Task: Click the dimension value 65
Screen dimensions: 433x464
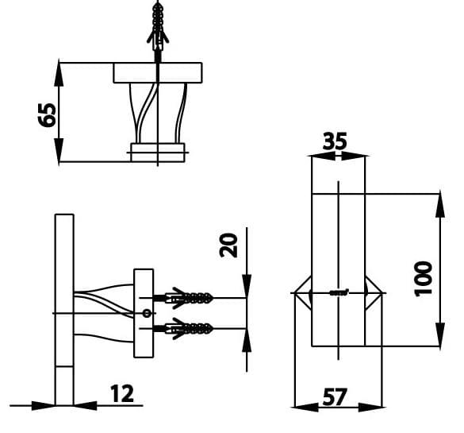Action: click(48, 114)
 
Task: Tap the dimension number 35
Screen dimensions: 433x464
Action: click(336, 141)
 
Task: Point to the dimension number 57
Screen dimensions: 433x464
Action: click(336, 396)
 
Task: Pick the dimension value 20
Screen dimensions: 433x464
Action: click(230, 245)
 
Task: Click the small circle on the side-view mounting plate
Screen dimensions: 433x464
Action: click(145, 313)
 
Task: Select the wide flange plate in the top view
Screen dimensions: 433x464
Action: click(159, 73)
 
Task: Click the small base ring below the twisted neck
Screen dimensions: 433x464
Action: click(158, 152)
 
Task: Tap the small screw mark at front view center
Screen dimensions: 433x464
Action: click(339, 292)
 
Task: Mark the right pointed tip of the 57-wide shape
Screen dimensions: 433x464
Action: click(383, 293)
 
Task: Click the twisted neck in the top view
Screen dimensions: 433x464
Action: click(158, 112)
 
